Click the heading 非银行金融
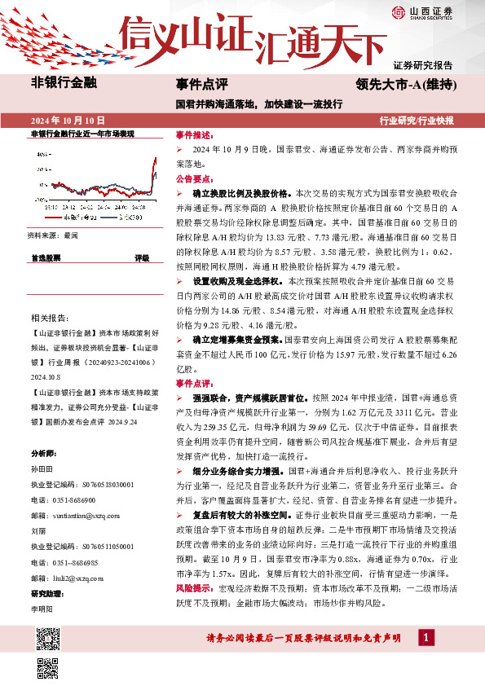coord(64,81)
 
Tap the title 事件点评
coord(201,83)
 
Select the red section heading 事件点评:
coord(194,382)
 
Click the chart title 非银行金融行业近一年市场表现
coord(82,132)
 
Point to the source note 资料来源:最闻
coord(53,235)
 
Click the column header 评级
coord(142,257)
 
